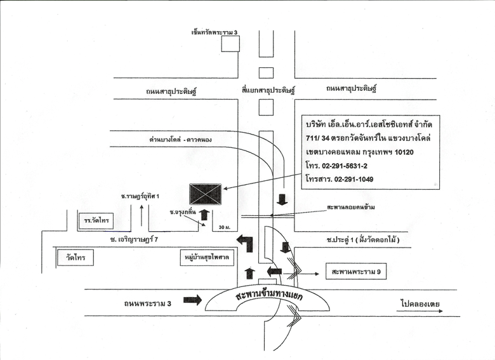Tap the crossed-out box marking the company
pos(206,194)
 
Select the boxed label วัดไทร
pos(75,258)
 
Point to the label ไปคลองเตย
pos(420,303)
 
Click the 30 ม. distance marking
pos(223,226)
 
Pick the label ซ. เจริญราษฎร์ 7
pos(134,239)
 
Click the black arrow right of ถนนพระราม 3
pos(192,300)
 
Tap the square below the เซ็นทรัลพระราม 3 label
pos(230,44)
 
